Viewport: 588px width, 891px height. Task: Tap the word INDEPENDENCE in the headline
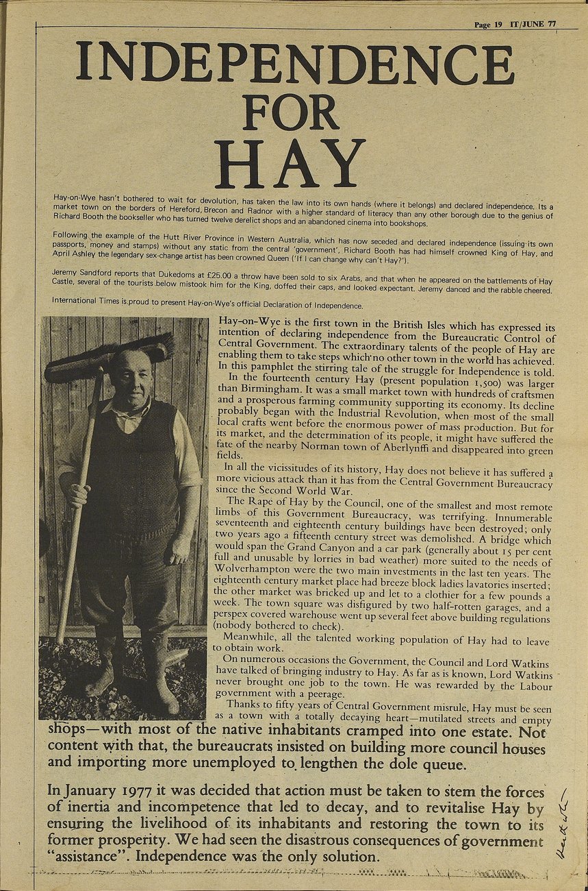coord(294,64)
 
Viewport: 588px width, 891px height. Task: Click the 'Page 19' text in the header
coord(488,24)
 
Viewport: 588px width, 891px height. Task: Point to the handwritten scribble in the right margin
coord(561,822)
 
